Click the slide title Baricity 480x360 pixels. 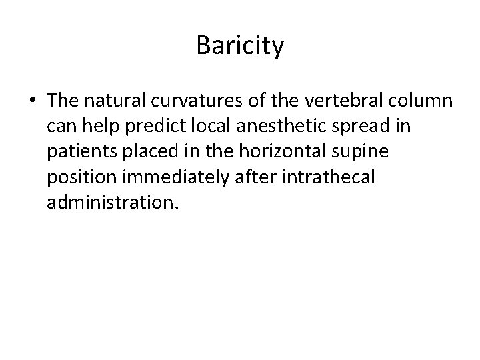click(240, 46)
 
